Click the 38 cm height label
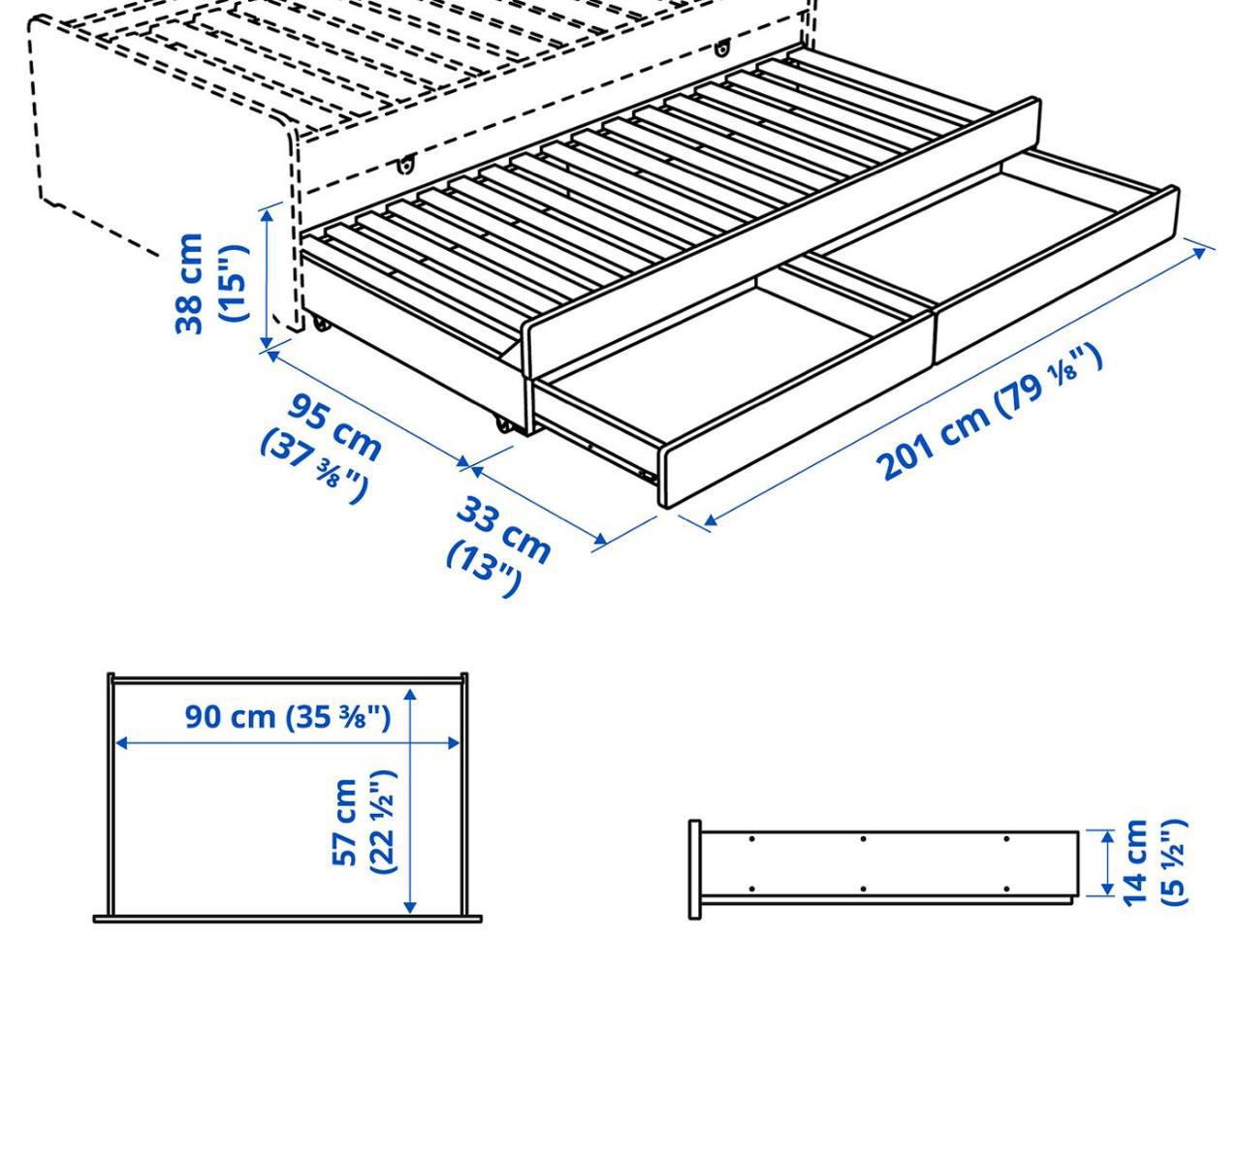[x=190, y=284]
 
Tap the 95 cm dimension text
[x=334, y=427]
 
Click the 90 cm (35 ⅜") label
[x=287, y=717]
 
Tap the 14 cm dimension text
[x=1135, y=862]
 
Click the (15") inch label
[x=235, y=284]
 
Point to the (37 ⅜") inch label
[x=313, y=466]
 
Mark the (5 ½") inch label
[x=1173, y=862]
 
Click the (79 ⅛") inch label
[x=1049, y=381]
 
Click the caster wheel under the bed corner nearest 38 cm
[x=321, y=324]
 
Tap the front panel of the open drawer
[x=918, y=347]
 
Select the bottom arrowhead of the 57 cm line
[x=410, y=907]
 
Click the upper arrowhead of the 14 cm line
[x=1106, y=837]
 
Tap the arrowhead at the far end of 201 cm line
[x=1199, y=251]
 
